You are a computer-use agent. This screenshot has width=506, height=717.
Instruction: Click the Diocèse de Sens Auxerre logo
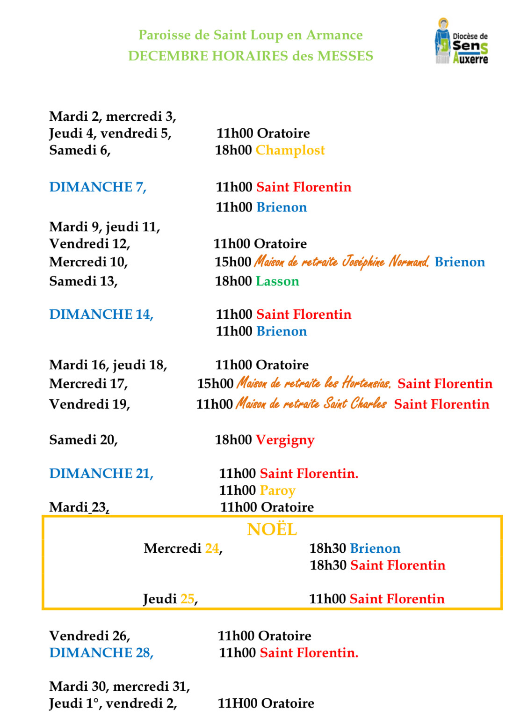[462, 42]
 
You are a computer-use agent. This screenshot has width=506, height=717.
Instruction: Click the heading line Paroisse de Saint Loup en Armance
[250, 35]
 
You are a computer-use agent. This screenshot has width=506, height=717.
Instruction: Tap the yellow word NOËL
[272, 529]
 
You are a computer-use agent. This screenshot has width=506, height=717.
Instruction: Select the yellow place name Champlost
[290, 150]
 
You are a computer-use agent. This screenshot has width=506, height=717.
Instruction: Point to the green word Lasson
[277, 281]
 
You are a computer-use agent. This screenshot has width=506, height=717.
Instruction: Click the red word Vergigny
[285, 440]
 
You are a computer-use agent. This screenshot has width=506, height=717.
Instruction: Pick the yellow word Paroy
[277, 490]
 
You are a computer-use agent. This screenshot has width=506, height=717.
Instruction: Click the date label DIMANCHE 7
[98, 187]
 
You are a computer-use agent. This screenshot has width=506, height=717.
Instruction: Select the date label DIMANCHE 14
[101, 314]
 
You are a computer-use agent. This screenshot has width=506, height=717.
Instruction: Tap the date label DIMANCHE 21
[101, 474]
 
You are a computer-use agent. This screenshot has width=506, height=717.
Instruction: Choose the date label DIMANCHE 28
[101, 652]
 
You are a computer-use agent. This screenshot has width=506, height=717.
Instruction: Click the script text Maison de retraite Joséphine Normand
[341, 262]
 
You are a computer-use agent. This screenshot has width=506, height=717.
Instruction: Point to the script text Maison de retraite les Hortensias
[314, 383]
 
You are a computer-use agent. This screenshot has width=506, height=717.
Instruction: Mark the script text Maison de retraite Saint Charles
[311, 403]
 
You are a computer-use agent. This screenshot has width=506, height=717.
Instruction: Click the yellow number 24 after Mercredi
[212, 549]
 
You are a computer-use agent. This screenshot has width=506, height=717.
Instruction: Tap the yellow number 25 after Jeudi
[187, 599]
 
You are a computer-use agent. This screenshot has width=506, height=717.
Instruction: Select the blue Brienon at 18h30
[375, 549]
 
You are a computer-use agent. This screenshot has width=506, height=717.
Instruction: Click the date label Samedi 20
[83, 440]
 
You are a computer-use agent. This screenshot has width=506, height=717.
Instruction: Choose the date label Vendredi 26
[89, 636]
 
